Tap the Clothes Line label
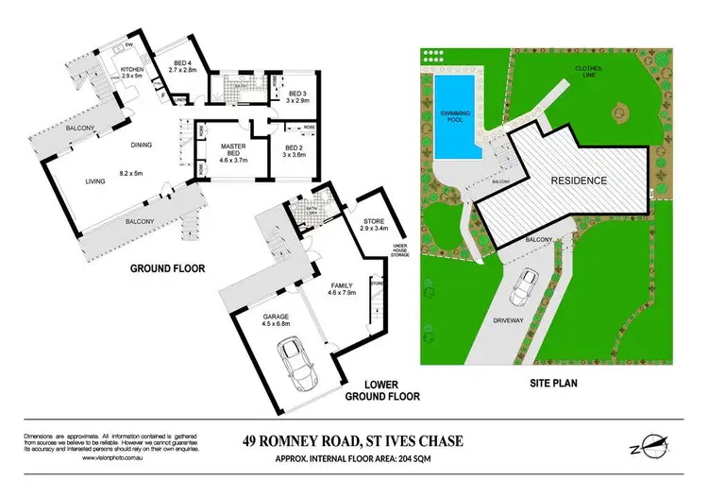[592, 74]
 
